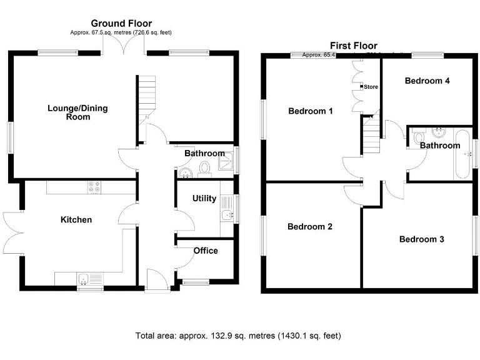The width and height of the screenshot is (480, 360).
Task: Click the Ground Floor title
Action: click(121, 24)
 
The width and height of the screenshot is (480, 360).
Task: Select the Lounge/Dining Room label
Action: click(77, 112)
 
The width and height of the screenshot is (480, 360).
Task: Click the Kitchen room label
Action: click(76, 219)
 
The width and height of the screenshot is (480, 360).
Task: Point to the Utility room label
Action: click(204, 199)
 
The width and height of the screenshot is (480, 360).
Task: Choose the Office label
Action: click(206, 251)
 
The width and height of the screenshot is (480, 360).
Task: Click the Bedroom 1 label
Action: click(310, 111)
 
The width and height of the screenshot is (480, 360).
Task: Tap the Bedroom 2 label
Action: click(309, 227)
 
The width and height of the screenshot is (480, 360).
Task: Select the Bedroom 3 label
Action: click(421, 239)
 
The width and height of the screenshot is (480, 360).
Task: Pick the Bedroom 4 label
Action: click(427, 81)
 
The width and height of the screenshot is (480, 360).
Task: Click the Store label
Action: click(371, 87)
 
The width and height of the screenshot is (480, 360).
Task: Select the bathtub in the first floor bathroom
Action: click(462, 153)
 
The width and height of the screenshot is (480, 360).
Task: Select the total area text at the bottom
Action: click(239, 336)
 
